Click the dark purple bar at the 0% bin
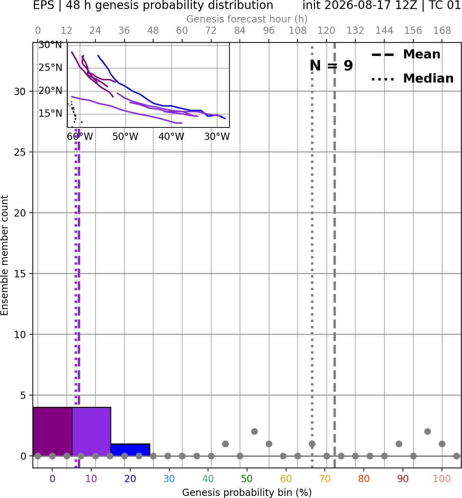pos(53,431)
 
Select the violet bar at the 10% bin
pos(91,431)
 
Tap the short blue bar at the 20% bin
pos(130,450)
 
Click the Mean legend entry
pos(406,55)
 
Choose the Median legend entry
pos(412,78)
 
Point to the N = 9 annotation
pos(331,66)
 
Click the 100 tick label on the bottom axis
pos(442,479)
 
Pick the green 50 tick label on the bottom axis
pos(247,479)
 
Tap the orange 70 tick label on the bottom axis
pos(325,479)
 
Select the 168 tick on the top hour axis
pos(442,31)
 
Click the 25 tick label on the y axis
pos(20,152)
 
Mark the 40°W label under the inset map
pos(171,137)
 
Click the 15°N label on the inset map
pos(50,114)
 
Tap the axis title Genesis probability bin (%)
pos(247,492)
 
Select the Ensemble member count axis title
pos(4,256)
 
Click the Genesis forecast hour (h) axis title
pos(247,19)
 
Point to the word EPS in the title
pos(44,5)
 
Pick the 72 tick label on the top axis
pos(211,31)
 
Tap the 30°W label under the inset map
pos(217,137)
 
